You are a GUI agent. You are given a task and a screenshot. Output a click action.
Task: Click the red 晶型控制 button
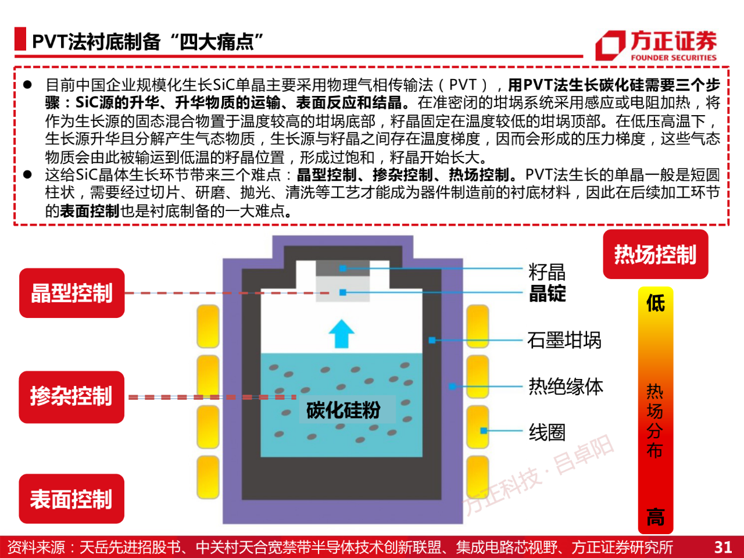[x=72, y=293]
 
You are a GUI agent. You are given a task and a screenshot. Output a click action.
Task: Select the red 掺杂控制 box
[x=71, y=397]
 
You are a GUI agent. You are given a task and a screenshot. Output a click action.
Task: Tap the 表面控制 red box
[x=71, y=499]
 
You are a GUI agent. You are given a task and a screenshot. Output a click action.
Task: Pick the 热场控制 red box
[x=656, y=255]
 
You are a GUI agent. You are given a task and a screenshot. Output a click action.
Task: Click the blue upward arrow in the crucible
[x=341, y=334]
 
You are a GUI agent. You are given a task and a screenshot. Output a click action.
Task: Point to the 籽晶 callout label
[x=547, y=272]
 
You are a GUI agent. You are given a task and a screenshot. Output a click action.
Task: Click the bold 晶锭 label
[x=548, y=293]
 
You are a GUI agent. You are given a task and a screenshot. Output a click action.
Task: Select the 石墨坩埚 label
[x=564, y=340]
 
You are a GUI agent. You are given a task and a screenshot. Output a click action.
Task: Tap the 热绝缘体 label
[x=566, y=387]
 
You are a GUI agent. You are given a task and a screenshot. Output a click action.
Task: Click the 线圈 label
[x=547, y=432]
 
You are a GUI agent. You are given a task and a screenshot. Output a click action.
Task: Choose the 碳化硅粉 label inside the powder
[x=344, y=410]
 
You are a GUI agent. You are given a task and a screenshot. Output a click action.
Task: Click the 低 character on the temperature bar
[x=656, y=303]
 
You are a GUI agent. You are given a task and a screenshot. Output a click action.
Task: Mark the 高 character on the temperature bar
[x=656, y=517]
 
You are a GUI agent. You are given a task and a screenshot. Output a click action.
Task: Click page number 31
[x=723, y=547]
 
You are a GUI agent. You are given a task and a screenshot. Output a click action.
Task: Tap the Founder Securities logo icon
[x=610, y=45]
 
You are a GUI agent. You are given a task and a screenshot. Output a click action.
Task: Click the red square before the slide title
[x=20, y=38]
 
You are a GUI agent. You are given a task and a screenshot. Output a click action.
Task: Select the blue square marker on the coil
[x=484, y=431]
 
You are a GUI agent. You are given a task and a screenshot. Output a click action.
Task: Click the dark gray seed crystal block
[x=343, y=269]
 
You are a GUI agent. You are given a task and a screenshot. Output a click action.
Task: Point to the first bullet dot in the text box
[x=27, y=85]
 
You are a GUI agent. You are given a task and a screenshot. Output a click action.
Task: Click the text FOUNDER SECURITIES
[x=674, y=58]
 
